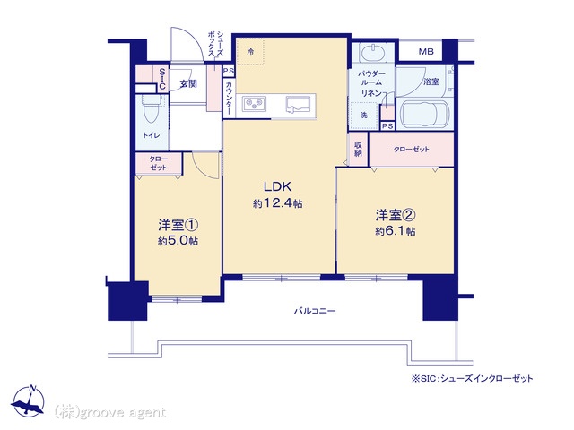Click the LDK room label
pyautogui.click(x=277, y=186)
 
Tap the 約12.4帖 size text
pyautogui.click(x=277, y=203)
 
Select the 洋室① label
pyautogui.click(x=178, y=225)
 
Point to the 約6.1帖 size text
pyautogui.click(x=395, y=231)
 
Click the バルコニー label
pyautogui.click(x=315, y=311)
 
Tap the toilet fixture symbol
pyautogui.click(x=151, y=108)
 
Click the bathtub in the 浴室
pyautogui.click(x=422, y=112)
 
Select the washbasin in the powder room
pyautogui.click(x=373, y=52)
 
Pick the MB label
pyautogui.click(x=426, y=52)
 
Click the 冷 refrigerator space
pyautogui.click(x=250, y=52)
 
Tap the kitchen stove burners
pyautogui.click(x=254, y=104)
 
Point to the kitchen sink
pyautogui.click(x=299, y=105)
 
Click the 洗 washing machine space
pyautogui.click(x=363, y=116)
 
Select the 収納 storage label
pyautogui.click(x=358, y=150)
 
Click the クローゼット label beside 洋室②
pyautogui.click(x=412, y=150)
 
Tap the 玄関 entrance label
pyautogui.click(x=188, y=83)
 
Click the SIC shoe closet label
pyautogui.click(x=162, y=80)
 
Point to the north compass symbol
pyautogui.click(x=28, y=401)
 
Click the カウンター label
pyautogui.click(x=229, y=98)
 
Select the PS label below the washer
pyautogui.click(x=387, y=126)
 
